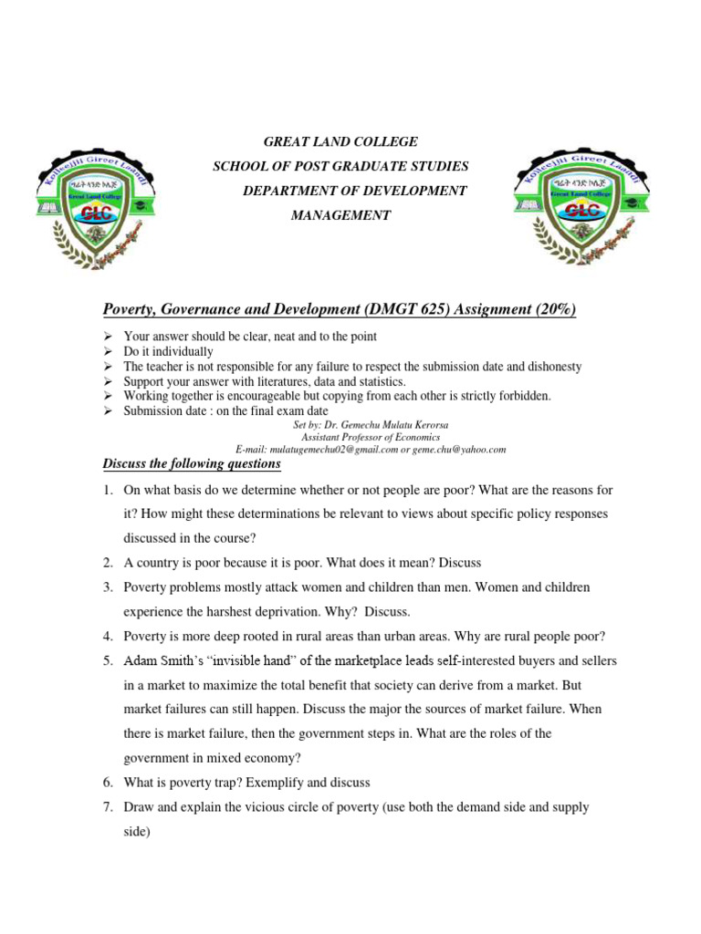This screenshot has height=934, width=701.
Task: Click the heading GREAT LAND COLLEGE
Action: pyautogui.click(x=340, y=141)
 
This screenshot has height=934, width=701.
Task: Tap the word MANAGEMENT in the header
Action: pyautogui.click(x=340, y=215)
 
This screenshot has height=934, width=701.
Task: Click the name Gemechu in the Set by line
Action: pyautogui.click(x=371, y=425)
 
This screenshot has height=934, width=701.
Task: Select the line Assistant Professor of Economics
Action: pyautogui.click(x=370, y=437)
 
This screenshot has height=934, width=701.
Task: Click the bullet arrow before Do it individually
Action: pyautogui.click(x=107, y=351)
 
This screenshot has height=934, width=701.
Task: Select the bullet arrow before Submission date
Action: pyautogui.click(x=107, y=411)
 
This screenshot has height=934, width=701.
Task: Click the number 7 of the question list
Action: pyautogui.click(x=107, y=807)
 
